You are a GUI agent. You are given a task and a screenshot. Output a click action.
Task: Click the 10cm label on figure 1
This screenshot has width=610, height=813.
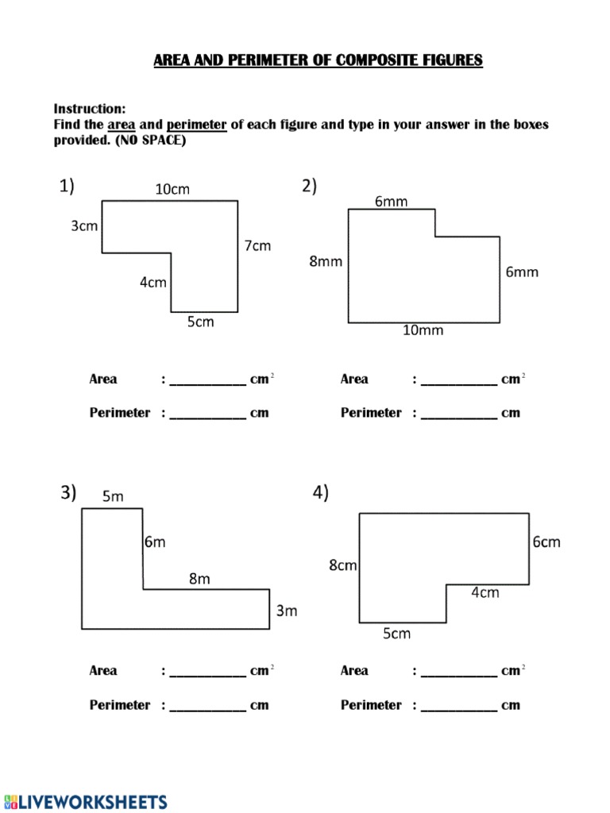click(172, 190)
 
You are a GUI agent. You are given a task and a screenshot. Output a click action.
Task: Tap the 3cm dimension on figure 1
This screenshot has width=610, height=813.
click(84, 226)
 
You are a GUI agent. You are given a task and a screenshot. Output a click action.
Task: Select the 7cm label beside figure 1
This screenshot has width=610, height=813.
click(257, 246)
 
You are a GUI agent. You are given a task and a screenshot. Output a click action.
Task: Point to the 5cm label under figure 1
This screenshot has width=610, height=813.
click(200, 322)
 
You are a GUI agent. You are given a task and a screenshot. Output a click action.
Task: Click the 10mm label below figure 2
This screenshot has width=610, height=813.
click(423, 330)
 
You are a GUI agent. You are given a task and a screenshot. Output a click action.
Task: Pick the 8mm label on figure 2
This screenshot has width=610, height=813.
click(326, 261)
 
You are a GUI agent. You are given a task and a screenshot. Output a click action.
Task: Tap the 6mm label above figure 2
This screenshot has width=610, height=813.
click(392, 202)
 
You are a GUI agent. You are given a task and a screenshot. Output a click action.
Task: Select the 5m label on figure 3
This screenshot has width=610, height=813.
click(113, 497)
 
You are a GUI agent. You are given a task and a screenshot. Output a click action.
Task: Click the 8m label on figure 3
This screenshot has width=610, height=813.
click(199, 580)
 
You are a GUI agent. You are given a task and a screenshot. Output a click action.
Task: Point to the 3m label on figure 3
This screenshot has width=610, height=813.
click(286, 611)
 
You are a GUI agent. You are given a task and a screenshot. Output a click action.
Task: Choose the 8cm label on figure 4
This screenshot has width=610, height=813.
click(343, 565)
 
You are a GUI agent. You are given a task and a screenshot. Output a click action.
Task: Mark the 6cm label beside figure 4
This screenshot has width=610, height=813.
click(546, 542)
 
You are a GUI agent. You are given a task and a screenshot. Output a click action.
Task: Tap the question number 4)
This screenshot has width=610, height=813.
click(320, 494)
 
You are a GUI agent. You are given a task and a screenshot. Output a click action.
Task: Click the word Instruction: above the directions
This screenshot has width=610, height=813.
click(90, 109)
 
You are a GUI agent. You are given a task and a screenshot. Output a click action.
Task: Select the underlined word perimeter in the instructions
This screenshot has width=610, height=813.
click(197, 125)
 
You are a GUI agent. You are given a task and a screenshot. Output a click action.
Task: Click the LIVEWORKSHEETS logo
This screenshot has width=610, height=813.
click(86, 801)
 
